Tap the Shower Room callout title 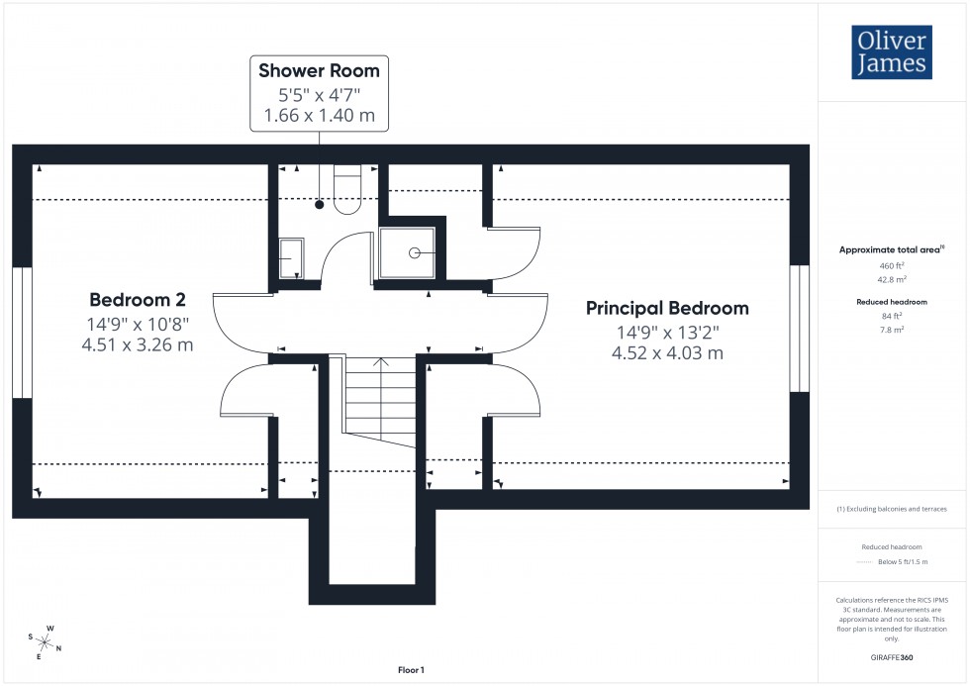[319, 70]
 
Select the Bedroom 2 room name [137, 300]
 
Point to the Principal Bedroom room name [667, 308]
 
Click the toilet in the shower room [348, 189]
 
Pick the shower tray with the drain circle [406, 252]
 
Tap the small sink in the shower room [290, 258]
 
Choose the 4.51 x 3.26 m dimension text [138, 344]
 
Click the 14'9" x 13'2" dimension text [667, 333]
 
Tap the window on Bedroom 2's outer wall [22, 333]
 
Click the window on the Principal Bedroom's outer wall [799, 329]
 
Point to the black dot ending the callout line [320, 205]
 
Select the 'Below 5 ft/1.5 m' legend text [907, 562]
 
